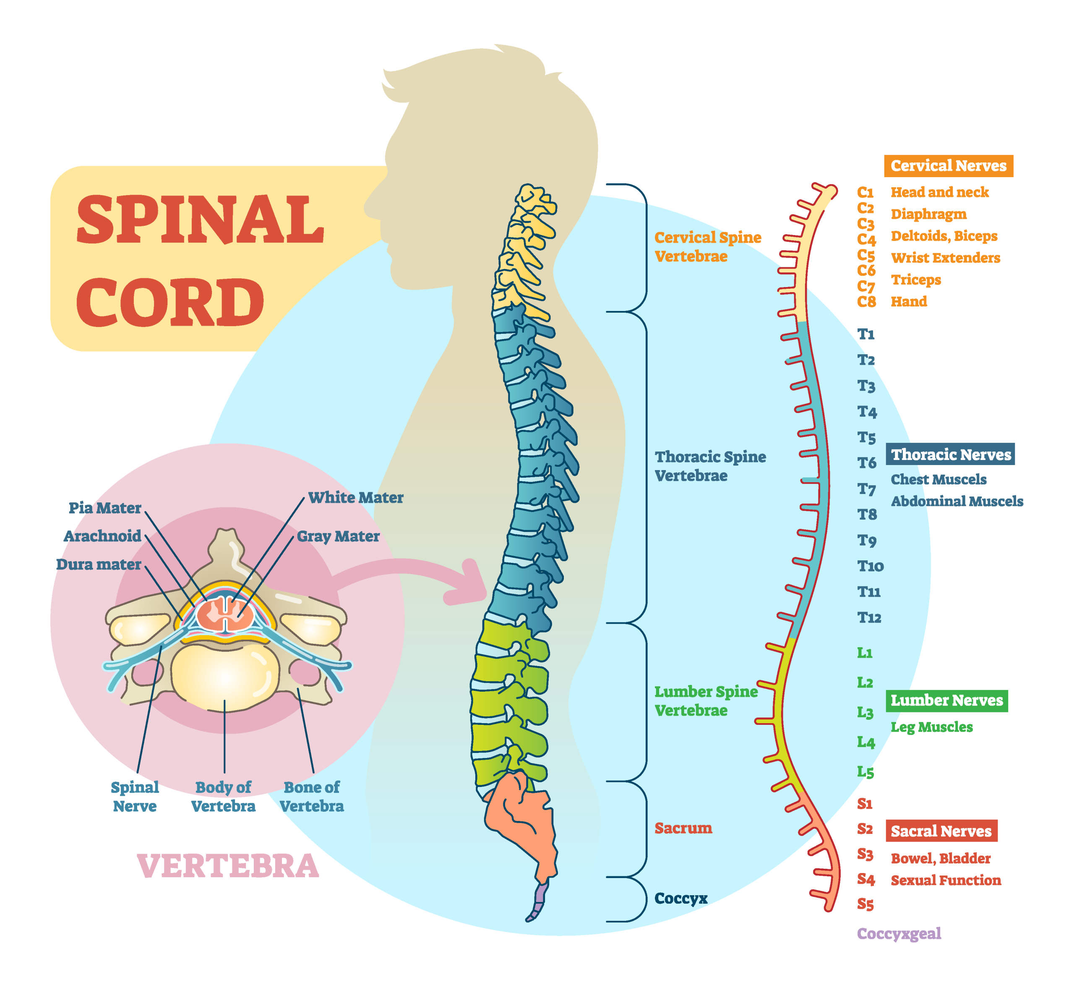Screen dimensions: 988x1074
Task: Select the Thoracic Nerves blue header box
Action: click(x=950, y=455)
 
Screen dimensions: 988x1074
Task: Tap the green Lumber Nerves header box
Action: click(x=946, y=700)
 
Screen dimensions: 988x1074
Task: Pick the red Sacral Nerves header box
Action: click(x=941, y=831)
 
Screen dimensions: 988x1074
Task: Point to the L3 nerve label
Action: click(x=865, y=713)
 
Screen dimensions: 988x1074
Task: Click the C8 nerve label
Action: click(x=866, y=302)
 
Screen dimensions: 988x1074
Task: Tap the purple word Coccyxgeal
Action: click(x=899, y=933)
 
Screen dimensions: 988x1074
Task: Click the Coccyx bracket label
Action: click(x=681, y=898)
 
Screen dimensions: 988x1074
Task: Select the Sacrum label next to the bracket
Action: click(x=683, y=828)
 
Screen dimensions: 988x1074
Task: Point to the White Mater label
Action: click(x=355, y=498)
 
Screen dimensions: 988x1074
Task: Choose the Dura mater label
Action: click(x=99, y=565)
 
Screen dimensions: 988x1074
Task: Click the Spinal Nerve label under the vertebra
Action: click(x=135, y=797)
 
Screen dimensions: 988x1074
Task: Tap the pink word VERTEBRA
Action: click(x=228, y=866)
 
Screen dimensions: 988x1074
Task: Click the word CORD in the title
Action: click(x=170, y=303)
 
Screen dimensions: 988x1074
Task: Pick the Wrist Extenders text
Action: click(x=945, y=258)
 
